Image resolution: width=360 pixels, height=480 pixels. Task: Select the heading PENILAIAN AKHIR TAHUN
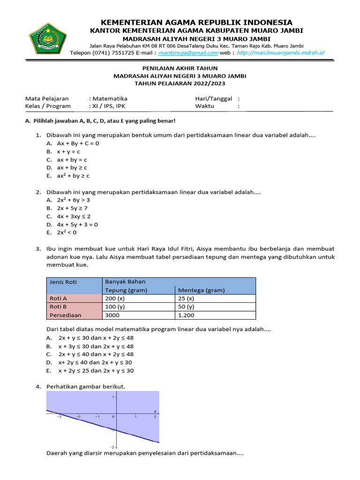click(180, 68)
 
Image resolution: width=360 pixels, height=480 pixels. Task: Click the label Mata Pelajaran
click(47, 98)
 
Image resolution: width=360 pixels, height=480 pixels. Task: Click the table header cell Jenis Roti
click(63, 282)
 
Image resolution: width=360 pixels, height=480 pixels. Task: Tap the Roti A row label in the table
click(59, 299)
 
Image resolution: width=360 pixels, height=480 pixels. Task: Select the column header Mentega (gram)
click(199, 290)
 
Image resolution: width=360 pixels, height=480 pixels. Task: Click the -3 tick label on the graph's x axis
click(59, 416)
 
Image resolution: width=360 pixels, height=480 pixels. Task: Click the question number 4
click(38, 386)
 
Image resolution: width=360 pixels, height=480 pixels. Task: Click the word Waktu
click(204, 106)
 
